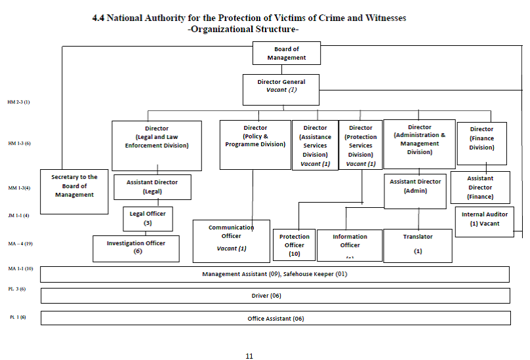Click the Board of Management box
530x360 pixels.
point(287,53)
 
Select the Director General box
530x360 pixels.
point(281,89)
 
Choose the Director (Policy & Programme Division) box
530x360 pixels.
point(255,144)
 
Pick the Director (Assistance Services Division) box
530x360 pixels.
point(315,146)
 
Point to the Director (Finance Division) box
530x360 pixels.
point(481,143)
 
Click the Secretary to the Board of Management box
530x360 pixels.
point(74,191)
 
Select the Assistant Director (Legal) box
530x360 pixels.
point(152,187)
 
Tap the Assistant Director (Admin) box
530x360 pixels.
point(415,191)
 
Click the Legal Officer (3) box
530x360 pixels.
point(148,219)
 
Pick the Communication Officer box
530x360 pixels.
point(231,241)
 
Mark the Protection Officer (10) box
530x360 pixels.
point(294,245)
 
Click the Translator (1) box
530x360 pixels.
point(417,245)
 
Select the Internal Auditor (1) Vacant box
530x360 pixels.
point(484,222)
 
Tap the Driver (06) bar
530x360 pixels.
point(275,296)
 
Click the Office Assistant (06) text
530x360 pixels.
point(275,319)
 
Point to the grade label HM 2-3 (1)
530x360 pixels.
point(18,102)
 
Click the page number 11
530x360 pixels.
point(249,356)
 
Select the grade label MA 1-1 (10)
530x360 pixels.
point(20,270)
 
